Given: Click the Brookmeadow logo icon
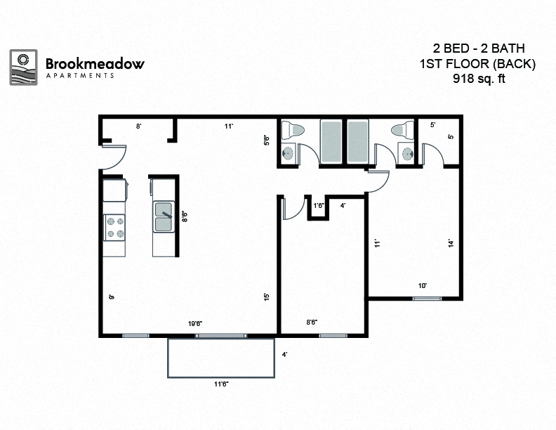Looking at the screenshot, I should point(23,67).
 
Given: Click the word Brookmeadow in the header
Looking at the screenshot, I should point(95,63).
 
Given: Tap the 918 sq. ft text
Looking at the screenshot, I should point(479,79).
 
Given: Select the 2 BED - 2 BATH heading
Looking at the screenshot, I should point(479,49).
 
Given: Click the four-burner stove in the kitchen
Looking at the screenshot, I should point(114,227).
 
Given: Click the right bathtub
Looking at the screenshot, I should point(357,141).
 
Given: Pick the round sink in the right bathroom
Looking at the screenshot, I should point(406,153).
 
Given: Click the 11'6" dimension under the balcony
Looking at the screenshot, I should point(222,384).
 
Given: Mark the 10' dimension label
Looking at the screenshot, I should point(423,286).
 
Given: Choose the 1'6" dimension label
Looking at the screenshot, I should point(319,206).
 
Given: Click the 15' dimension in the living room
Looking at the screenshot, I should point(266,297).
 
